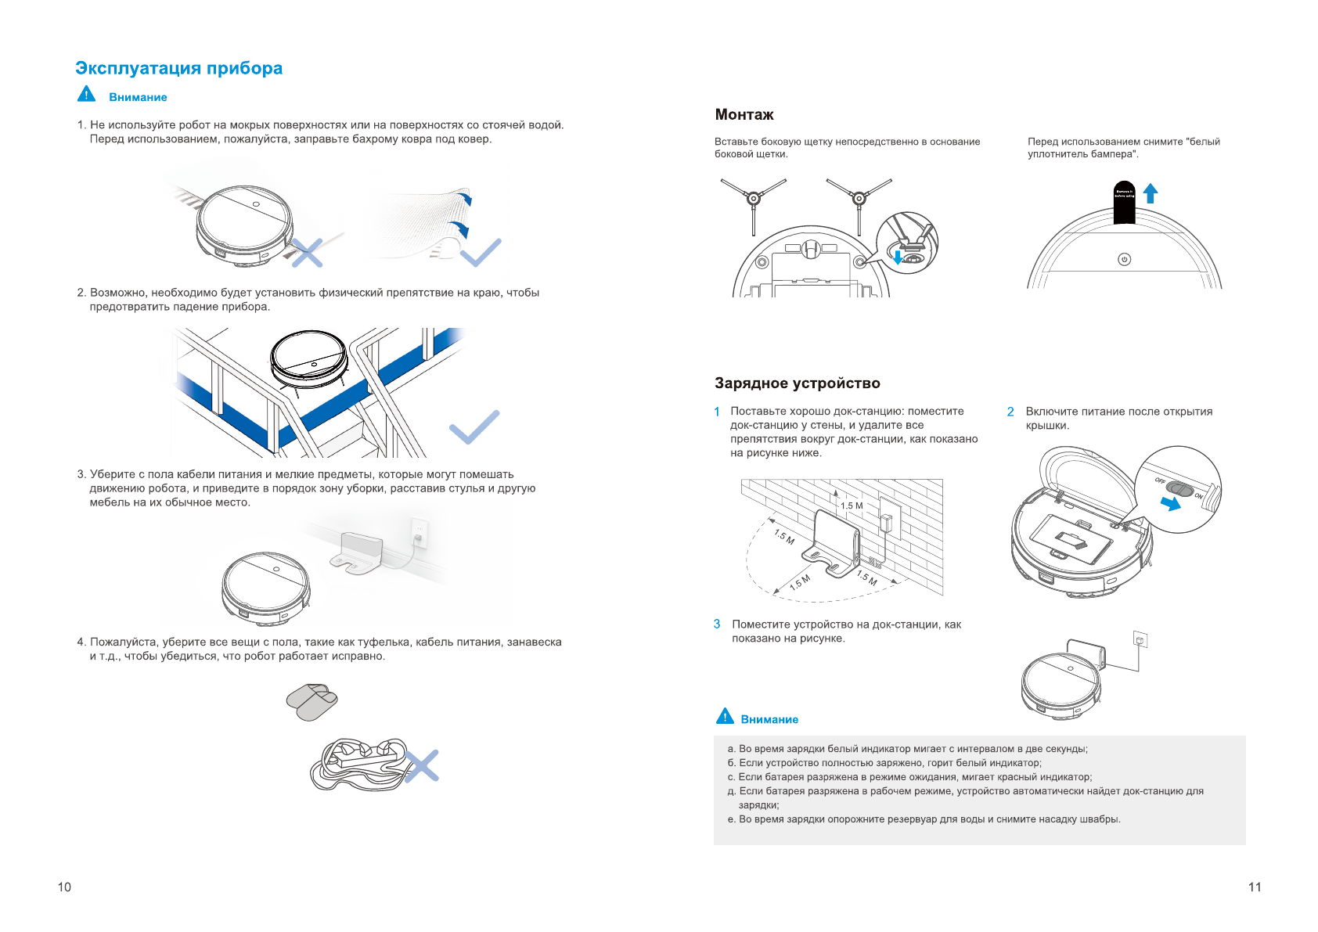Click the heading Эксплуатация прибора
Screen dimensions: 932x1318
[x=178, y=69]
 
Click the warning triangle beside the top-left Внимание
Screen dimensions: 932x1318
[x=86, y=95]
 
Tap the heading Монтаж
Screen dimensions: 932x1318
[x=744, y=115]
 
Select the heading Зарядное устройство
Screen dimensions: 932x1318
[x=797, y=383]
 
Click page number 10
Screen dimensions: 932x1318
[x=64, y=887]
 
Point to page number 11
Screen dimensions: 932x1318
[x=1255, y=887]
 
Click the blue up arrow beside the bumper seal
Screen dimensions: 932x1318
[x=1150, y=193]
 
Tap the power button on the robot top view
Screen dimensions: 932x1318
[x=1124, y=259]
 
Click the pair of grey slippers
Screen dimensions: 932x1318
[x=311, y=701]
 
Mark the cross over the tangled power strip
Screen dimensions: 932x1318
[x=421, y=766]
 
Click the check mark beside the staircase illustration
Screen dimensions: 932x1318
[x=474, y=426]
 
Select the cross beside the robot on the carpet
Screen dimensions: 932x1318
[x=307, y=253]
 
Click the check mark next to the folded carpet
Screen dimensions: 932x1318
[x=481, y=253]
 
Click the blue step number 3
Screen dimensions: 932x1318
[x=716, y=624]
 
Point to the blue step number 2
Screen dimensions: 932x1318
[x=1010, y=412]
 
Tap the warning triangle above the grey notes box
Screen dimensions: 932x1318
[x=725, y=717]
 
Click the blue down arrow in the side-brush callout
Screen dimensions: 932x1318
[x=898, y=257]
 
